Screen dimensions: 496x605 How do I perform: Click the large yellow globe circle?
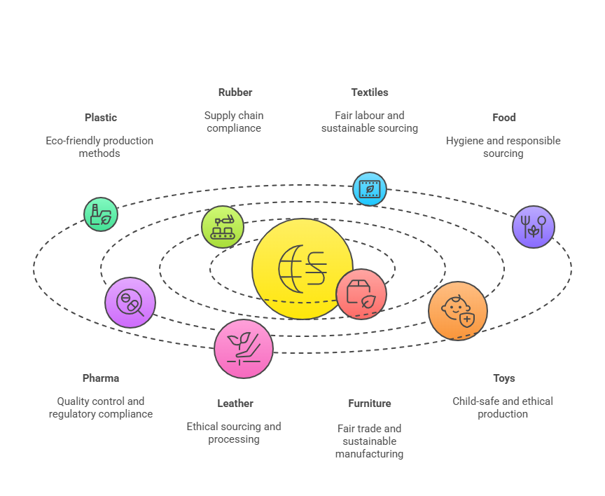pyautogui.click(x=302, y=268)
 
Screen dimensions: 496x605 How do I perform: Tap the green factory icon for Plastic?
pyautogui.click(x=101, y=214)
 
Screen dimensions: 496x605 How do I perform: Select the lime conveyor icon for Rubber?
pyautogui.click(x=223, y=227)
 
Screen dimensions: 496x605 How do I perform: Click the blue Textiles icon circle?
pyautogui.click(x=369, y=189)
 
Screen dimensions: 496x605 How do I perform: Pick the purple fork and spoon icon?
pyautogui.click(x=534, y=227)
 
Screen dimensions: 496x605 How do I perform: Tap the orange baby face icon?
pyautogui.click(x=458, y=310)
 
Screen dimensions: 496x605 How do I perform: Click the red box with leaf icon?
pyautogui.click(x=361, y=294)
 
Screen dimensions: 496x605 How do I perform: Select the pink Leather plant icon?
pyautogui.click(x=244, y=349)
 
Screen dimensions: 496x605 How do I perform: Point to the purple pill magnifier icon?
pyautogui.click(x=130, y=303)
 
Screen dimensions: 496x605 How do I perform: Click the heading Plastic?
pyautogui.click(x=101, y=118)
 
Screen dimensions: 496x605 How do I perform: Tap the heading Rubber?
pyautogui.click(x=235, y=92)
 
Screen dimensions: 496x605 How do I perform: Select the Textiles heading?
pyautogui.click(x=370, y=92)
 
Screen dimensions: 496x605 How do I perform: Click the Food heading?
pyautogui.click(x=504, y=118)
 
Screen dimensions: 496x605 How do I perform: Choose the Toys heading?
pyautogui.click(x=504, y=378)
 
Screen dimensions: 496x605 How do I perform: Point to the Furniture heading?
pyautogui.click(x=370, y=404)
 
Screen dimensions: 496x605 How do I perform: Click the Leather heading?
pyautogui.click(x=235, y=404)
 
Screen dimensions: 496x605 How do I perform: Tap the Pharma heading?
pyautogui.click(x=101, y=378)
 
